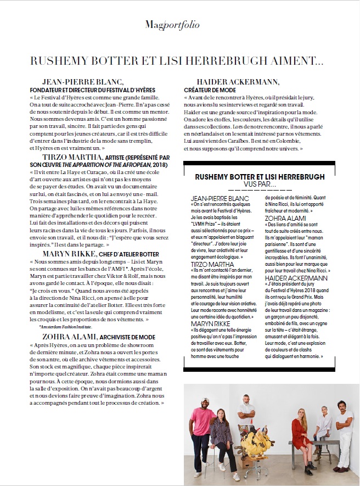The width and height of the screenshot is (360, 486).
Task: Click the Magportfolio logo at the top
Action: coord(172,25)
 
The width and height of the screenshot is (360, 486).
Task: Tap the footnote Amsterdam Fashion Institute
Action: coord(68,326)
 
